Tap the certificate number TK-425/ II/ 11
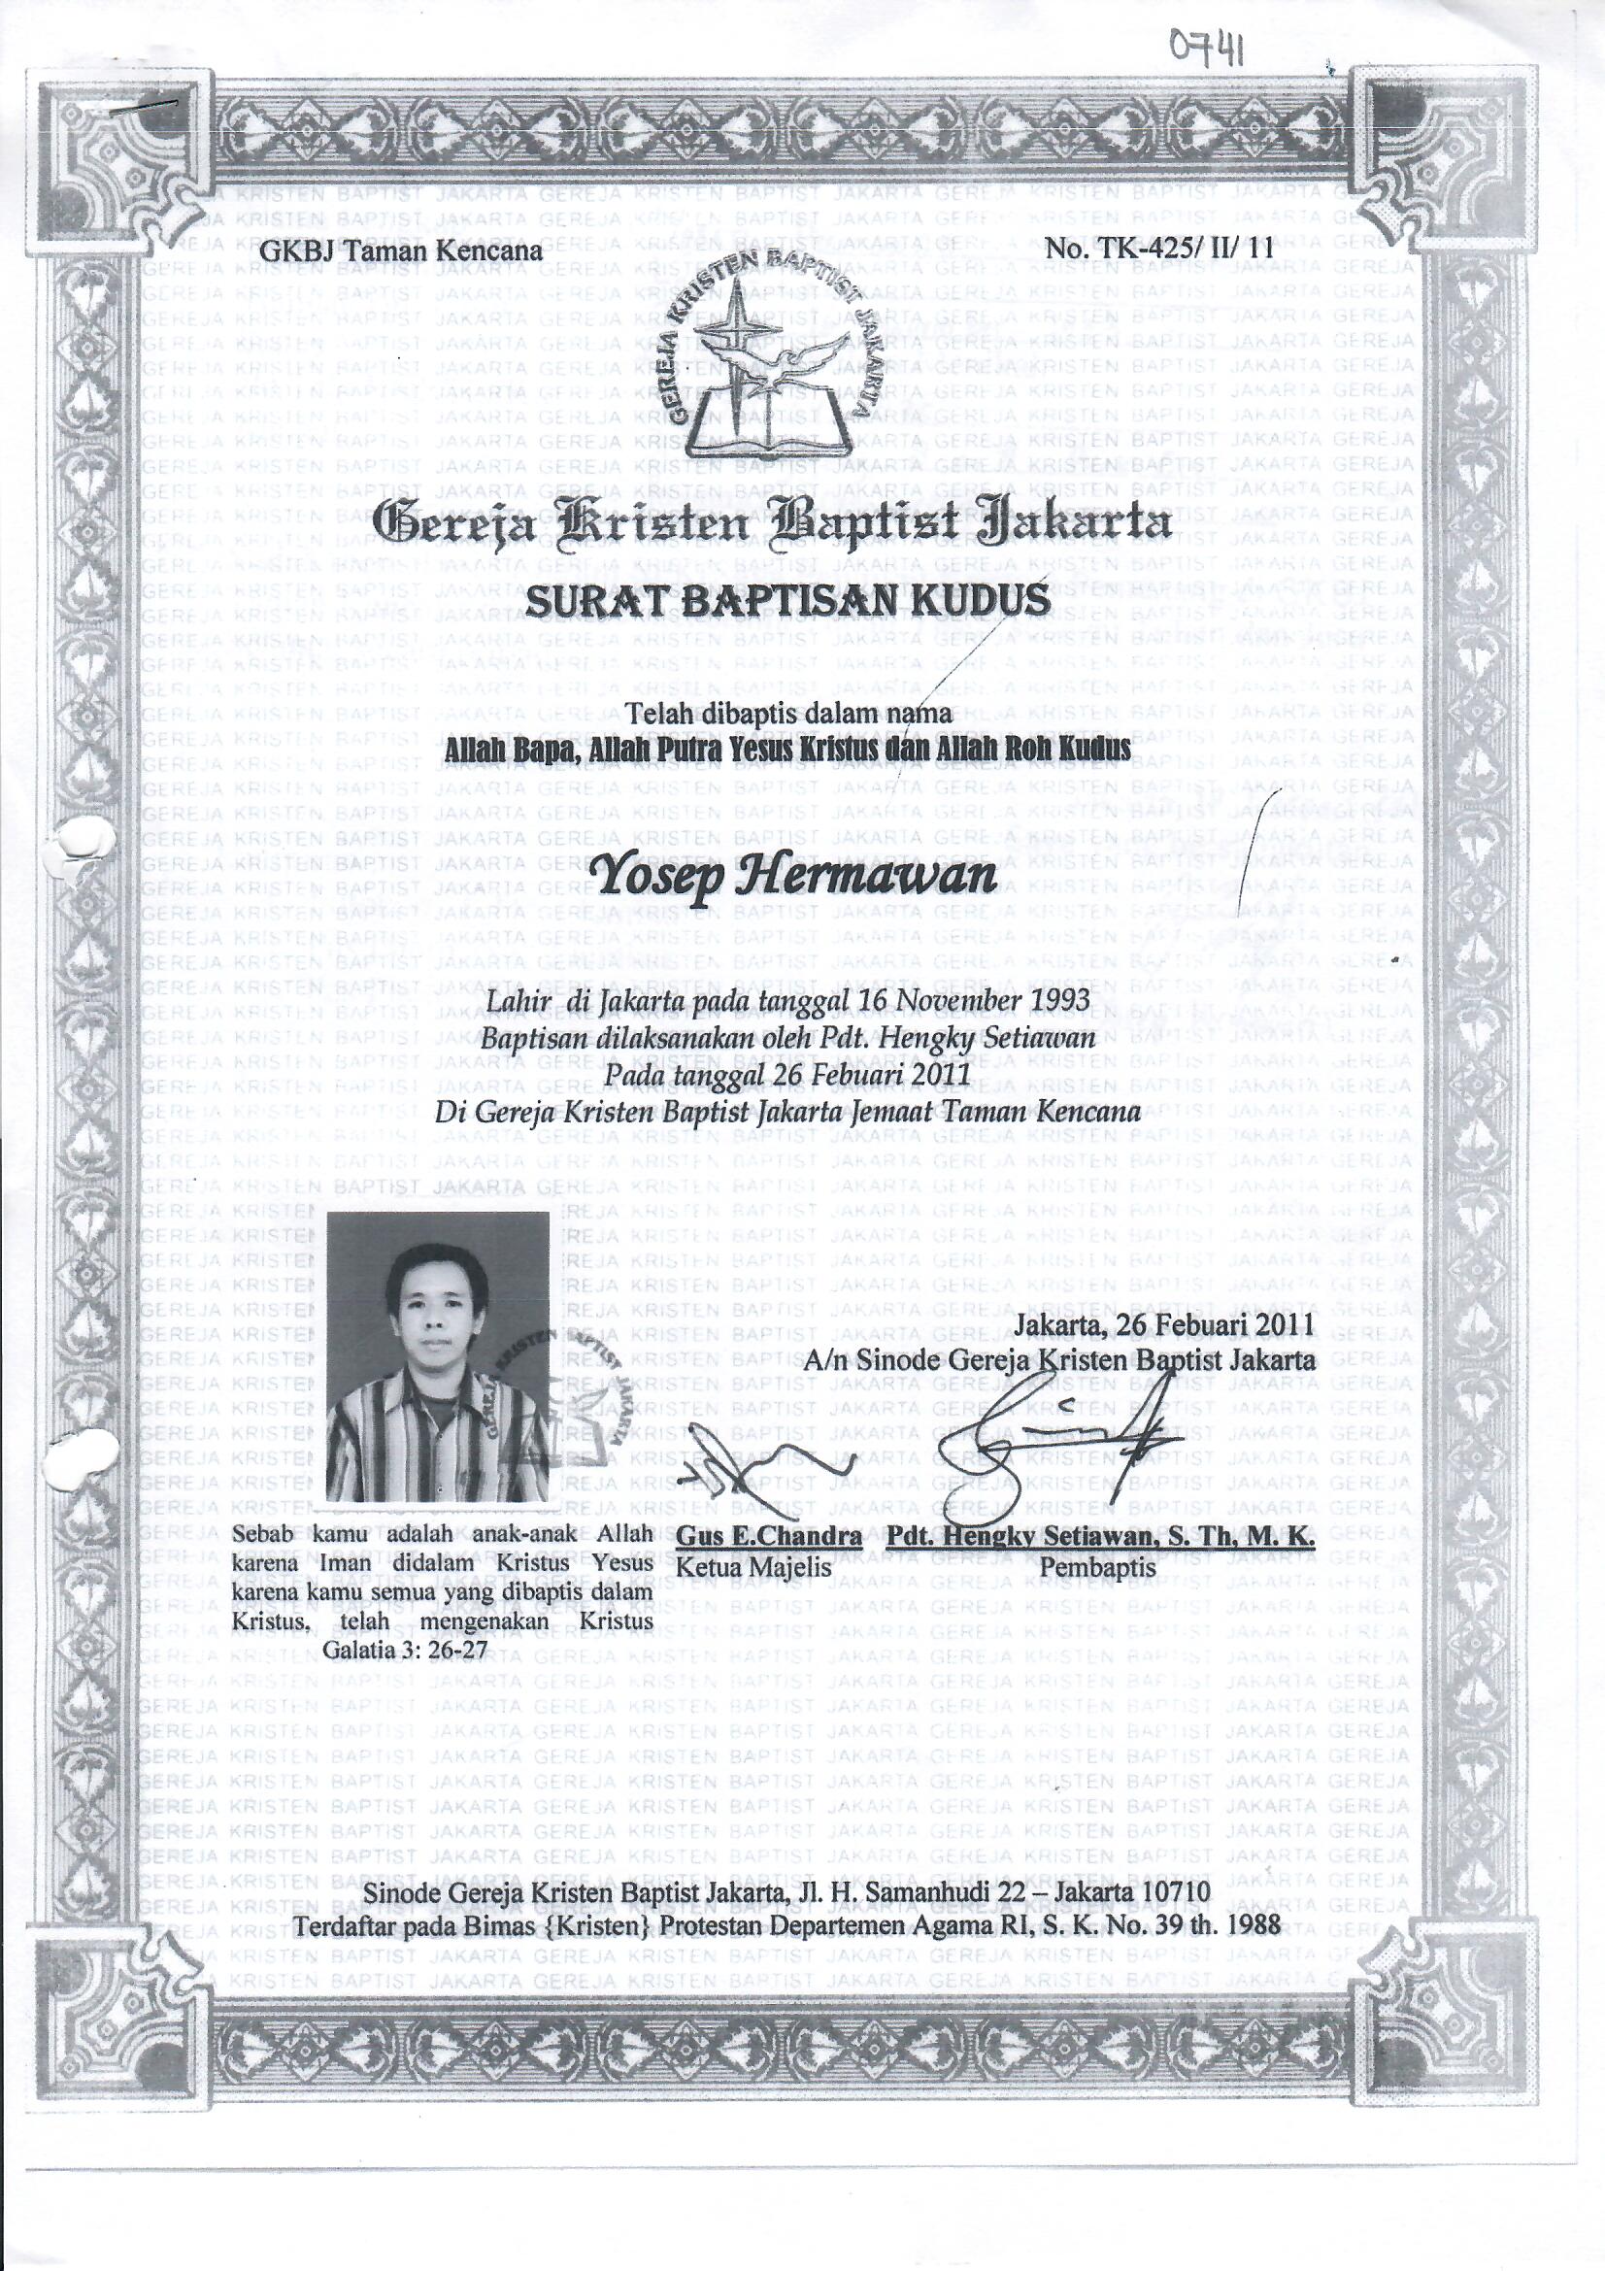tap(1166, 250)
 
